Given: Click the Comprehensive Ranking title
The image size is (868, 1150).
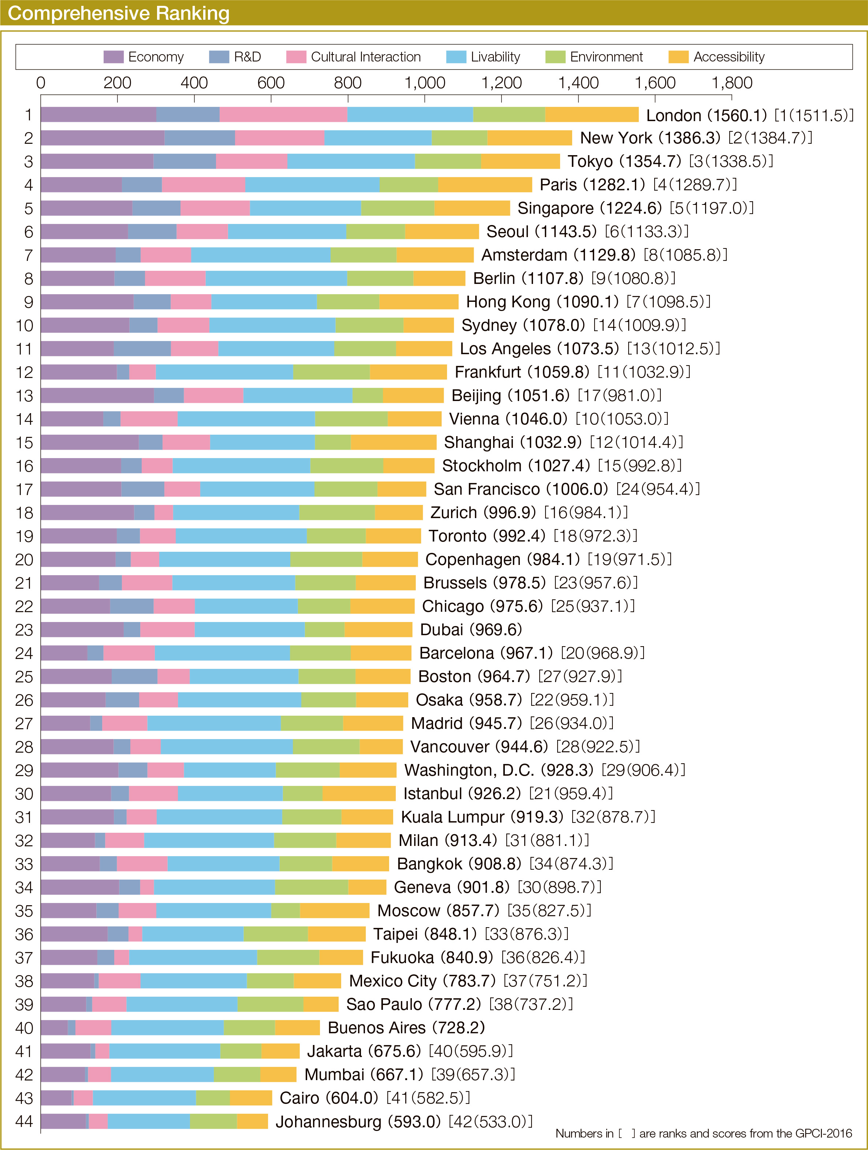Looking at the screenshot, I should [x=119, y=13].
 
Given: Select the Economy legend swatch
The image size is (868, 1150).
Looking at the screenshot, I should [x=113, y=57].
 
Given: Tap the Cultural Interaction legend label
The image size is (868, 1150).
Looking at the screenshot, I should [x=366, y=57].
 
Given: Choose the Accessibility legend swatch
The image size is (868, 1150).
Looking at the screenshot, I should [x=678, y=57].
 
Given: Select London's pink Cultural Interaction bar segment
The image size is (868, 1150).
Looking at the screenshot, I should [x=283, y=115].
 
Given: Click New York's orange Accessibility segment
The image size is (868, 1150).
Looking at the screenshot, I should [x=529, y=138].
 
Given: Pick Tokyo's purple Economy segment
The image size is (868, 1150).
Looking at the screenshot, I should [x=97, y=161].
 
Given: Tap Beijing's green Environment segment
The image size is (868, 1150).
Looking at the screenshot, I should [x=367, y=396].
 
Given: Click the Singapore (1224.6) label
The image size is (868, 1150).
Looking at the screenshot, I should [x=589, y=208].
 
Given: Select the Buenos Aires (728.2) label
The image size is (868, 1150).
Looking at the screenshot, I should [x=406, y=1028].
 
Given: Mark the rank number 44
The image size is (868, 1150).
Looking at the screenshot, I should [x=24, y=1121].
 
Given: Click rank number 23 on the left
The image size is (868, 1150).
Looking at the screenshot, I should [x=24, y=630].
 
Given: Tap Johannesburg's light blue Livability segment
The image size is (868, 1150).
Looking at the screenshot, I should [x=149, y=1121].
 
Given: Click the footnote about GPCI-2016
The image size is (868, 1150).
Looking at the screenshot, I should [x=703, y=1134].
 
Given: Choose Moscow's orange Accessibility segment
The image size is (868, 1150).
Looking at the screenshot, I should [x=334, y=911].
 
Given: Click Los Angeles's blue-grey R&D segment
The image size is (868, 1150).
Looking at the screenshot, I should [x=142, y=349].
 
